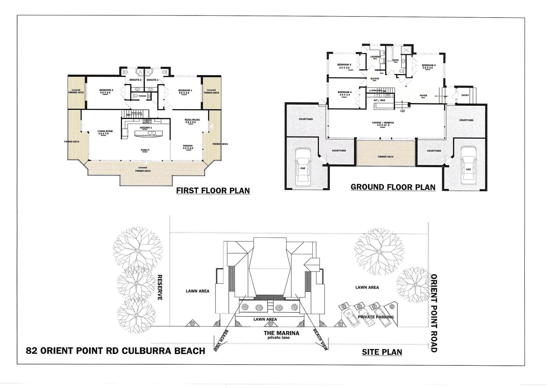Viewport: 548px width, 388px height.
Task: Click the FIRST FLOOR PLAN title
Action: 213,190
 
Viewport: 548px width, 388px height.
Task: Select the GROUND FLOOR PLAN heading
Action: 393,187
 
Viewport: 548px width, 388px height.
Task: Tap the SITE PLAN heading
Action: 382,352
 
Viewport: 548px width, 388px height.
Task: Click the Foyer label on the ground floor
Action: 423,96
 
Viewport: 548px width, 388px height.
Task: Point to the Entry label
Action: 465,95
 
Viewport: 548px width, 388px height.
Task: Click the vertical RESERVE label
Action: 160,287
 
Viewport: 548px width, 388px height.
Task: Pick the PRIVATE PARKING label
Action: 375,317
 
